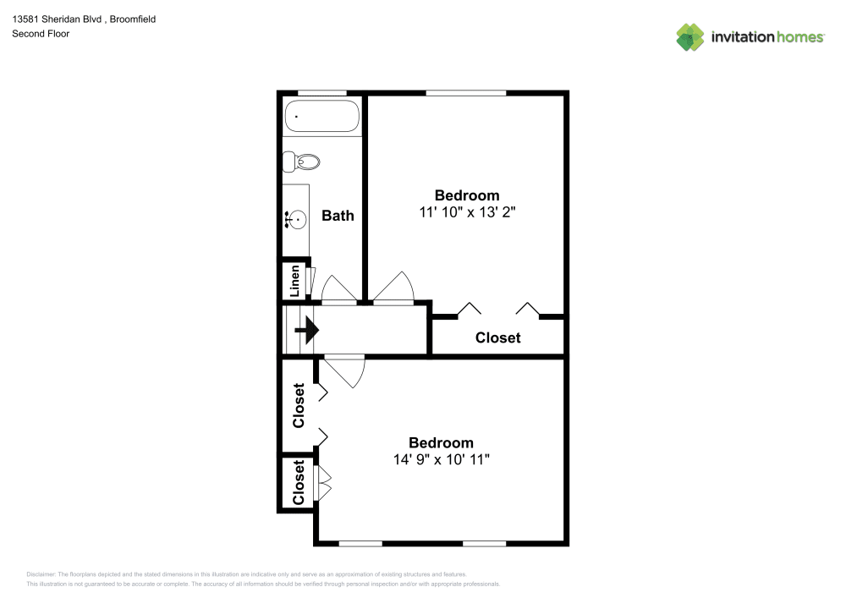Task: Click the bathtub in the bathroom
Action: pos(322,117)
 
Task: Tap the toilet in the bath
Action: pos(302,161)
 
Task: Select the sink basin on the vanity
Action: pos(295,219)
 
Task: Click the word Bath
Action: pos(338,216)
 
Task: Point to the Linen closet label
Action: pos(294,281)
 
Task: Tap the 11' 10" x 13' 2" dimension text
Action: pos(467,212)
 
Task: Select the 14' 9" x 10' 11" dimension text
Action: pos(441,459)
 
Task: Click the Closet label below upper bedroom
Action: pos(497,337)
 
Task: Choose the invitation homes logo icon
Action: pos(689,36)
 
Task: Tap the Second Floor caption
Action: pos(41,34)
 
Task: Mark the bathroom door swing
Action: pos(338,288)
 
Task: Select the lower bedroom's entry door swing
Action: pos(345,370)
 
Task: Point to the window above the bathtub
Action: pos(322,92)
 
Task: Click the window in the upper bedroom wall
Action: pos(465,92)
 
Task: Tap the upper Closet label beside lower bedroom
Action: pos(298,406)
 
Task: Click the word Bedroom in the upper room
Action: pos(467,195)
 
